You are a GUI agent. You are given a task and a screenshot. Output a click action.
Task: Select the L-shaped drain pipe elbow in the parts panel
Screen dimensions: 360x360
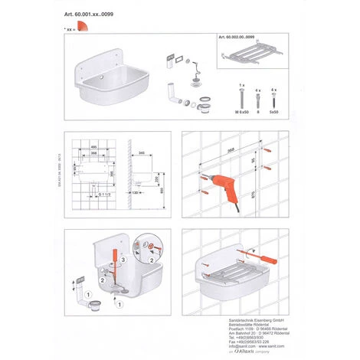coord(172,94)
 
